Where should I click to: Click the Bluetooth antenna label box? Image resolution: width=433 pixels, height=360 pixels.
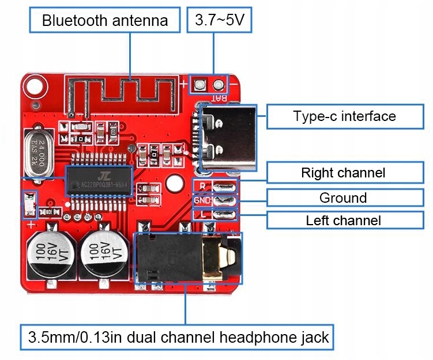pyautogui.click(x=104, y=21)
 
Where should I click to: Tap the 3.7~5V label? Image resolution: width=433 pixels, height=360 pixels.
pyautogui.click(x=216, y=21)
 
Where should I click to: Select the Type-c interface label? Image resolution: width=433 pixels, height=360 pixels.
pyautogui.click(x=344, y=116)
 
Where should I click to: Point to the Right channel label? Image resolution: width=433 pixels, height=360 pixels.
pyautogui.click(x=343, y=172)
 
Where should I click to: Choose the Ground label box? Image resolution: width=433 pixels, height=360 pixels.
pyautogui.click(x=343, y=198)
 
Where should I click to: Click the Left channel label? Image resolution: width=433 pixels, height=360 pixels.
pyautogui.click(x=343, y=220)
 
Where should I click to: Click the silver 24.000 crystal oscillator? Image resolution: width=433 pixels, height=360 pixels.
pyautogui.click(x=38, y=152)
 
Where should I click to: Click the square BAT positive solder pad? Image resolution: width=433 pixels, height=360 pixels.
pyautogui.click(x=199, y=85)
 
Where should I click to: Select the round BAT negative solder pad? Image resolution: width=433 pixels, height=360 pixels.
pyautogui.click(x=219, y=85)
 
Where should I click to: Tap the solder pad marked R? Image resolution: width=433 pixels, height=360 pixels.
pyautogui.click(x=224, y=187)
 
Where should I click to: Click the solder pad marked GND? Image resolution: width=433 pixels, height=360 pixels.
pyautogui.click(x=224, y=200)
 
